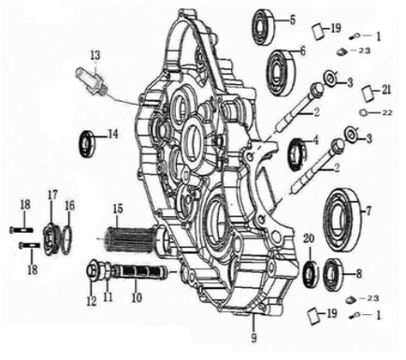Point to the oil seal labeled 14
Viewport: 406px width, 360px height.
(x=91, y=142)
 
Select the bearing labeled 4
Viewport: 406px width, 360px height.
(x=301, y=149)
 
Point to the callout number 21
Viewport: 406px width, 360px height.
(x=387, y=89)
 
